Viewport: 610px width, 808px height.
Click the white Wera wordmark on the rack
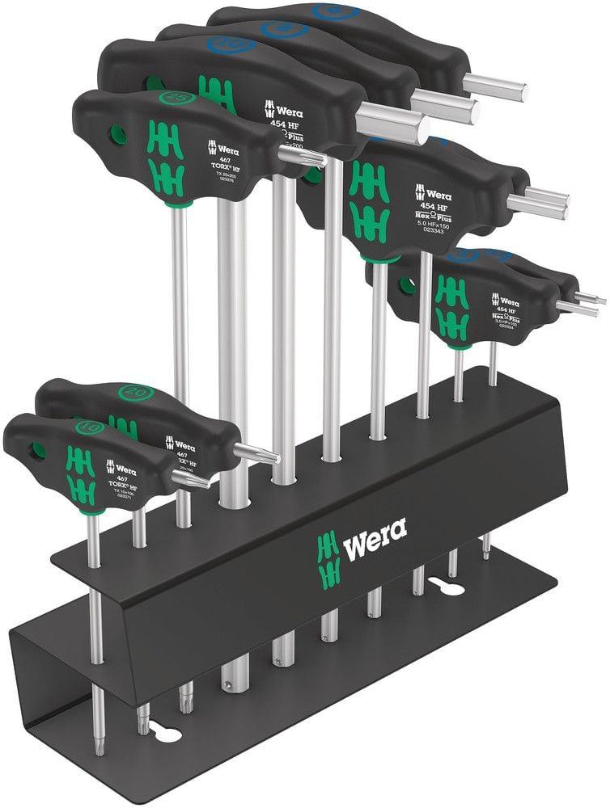tap(375, 552)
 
